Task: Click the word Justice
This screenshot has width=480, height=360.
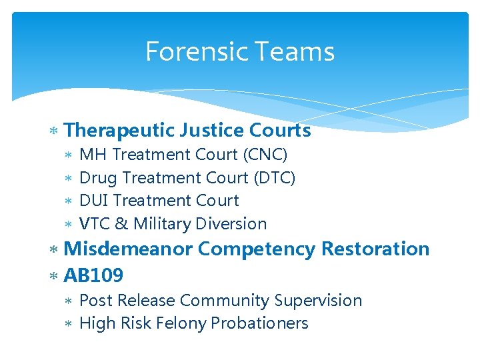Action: pyautogui.click(x=212, y=130)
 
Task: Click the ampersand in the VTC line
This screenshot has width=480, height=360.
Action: pyautogui.click(x=122, y=224)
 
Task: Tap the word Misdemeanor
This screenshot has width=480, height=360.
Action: pyautogui.click(x=128, y=249)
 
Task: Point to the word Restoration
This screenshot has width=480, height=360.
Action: pyautogui.click(x=375, y=249)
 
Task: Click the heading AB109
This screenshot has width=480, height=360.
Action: pyautogui.click(x=93, y=275)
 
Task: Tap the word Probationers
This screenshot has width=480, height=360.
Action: pyautogui.click(x=259, y=323)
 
